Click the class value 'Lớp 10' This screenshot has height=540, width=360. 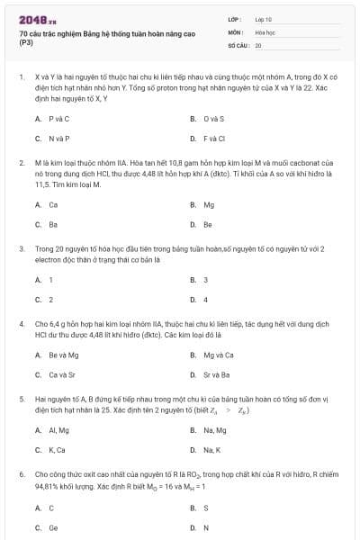point(264,18)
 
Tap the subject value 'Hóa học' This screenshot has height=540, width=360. point(264,31)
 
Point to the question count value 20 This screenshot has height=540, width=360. point(258,44)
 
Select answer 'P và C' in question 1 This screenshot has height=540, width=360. point(58,118)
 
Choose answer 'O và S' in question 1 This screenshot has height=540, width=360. point(213,118)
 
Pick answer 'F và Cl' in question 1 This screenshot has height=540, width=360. point(213,139)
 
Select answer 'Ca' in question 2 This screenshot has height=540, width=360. point(53,204)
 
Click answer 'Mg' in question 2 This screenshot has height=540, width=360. point(209,204)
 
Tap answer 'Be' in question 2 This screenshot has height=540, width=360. point(208,224)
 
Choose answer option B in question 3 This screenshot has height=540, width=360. point(205,280)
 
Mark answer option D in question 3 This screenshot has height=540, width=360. point(205,300)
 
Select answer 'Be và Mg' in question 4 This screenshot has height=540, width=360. point(63,355)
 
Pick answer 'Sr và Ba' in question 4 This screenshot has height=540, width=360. point(217,374)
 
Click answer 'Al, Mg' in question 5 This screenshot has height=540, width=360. point(60,430)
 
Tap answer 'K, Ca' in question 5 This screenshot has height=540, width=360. point(58,450)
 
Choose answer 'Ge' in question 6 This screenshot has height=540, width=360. point(53,528)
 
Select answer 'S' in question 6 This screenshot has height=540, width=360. point(206,508)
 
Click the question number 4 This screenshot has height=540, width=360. point(21,322)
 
